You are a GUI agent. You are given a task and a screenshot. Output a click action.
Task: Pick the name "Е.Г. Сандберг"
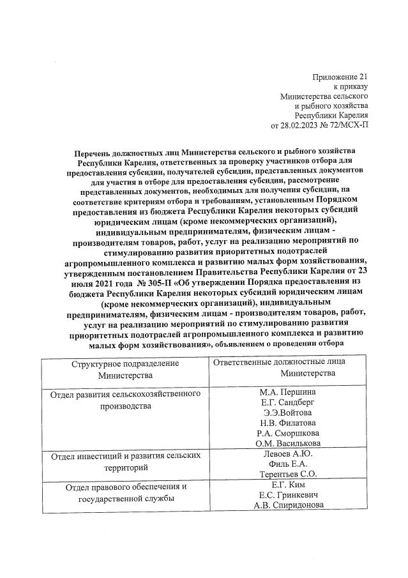(x=287, y=402)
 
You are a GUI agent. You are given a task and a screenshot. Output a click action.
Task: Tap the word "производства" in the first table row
(x=125, y=405)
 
